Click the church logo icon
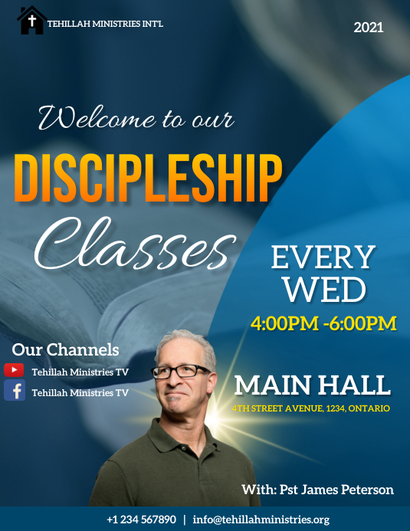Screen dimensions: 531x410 pyautogui.click(x=31, y=21)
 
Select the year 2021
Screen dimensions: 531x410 pyautogui.click(x=369, y=28)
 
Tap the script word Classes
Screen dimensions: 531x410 pyautogui.click(x=133, y=239)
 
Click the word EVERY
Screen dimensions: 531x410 pyautogui.click(x=323, y=258)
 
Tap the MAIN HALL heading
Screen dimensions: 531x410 pyautogui.click(x=312, y=385)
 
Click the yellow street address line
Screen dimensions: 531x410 pyautogui.click(x=311, y=408)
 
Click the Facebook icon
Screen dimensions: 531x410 pyautogui.click(x=15, y=392)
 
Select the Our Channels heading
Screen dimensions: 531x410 pyautogui.click(x=65, y=350)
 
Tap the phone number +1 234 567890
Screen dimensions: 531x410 pyautogui.click(x=141, y=520)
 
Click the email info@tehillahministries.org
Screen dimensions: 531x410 pyautogui.click(x=261, y=520)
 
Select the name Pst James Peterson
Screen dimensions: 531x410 pyautogui.click(x=317, y=490)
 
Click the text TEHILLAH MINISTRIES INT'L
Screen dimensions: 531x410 pyautogui.click(x=105, y=24)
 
